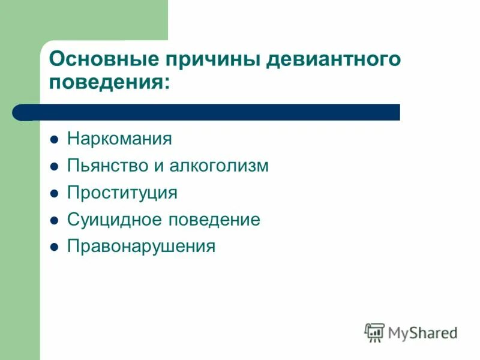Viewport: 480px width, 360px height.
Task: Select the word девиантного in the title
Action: pos(332,60)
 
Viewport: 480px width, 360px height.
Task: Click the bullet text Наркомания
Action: pos(119,139)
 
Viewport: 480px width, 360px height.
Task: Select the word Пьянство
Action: pos(106,166)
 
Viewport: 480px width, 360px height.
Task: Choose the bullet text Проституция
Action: pos(122,193)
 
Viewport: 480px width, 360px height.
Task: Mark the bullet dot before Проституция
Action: pos(54,194)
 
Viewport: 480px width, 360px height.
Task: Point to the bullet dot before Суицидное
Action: pos(54,220)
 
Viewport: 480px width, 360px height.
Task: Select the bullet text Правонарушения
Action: pos(141,247)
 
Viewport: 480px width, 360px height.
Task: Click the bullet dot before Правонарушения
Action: pos(54,247)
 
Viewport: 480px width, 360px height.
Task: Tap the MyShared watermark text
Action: pos(422,332)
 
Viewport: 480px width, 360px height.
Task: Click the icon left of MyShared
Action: pos(374,332)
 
